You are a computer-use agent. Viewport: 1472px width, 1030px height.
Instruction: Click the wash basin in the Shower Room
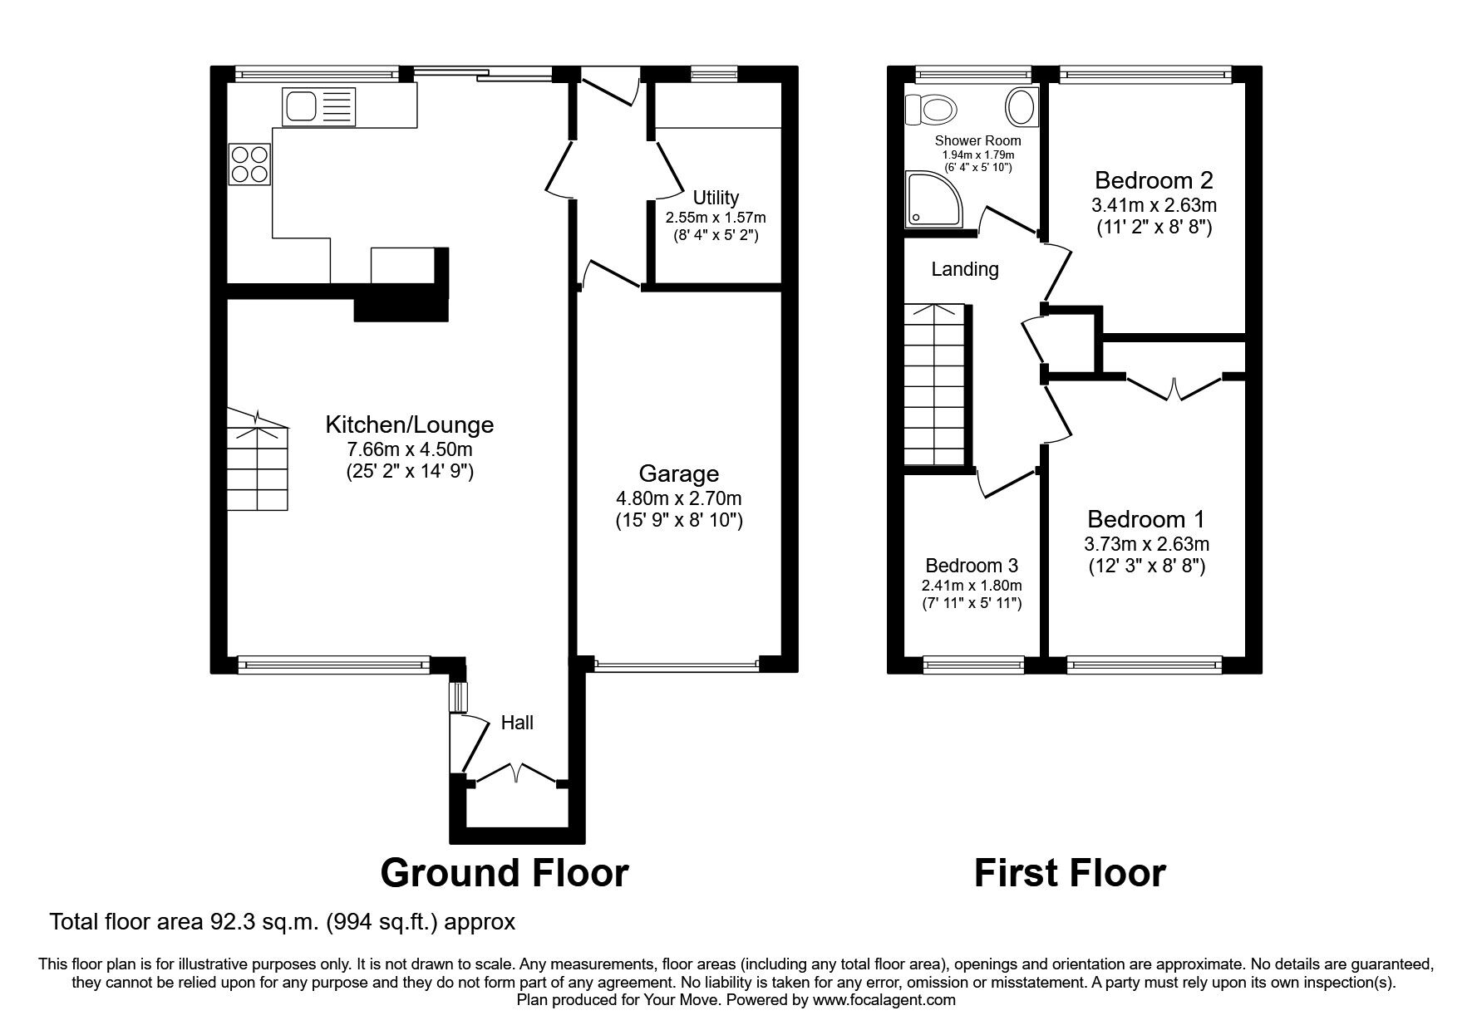(x=1021, y=107)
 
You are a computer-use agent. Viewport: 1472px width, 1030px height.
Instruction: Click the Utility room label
(x=716, y=198)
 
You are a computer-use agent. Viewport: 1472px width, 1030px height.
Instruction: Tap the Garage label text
(x=678, y=473)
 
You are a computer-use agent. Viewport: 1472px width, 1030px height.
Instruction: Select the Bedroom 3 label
(x=971, y=566)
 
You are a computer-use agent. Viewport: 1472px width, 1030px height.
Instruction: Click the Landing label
(x=964, y=269)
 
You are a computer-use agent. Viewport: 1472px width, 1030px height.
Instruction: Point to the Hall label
(x=517, y=723)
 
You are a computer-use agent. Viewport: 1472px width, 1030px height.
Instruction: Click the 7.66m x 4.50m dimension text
(x=409, y=449)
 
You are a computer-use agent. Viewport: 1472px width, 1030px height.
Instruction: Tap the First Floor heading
(x=1069, y=873)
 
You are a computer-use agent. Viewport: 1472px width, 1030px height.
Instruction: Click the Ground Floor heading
(x=504, y=873)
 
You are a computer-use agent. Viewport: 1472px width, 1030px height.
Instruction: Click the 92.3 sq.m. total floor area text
(x=282, y=922)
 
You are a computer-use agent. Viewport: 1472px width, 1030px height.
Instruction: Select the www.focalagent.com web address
(x=884, y=1000)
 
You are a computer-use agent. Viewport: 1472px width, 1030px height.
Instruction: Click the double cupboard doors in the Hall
(x=515, y=774)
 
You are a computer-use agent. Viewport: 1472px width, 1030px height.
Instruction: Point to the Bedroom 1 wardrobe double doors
(x=1174, y=389)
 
